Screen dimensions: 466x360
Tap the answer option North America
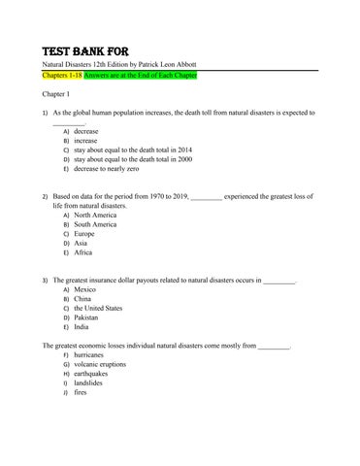click(x=96, y=215)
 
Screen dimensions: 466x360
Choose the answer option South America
click(x=96, y=224)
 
